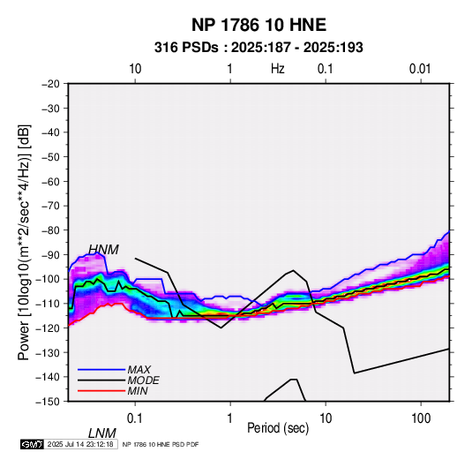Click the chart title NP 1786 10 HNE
tap(258, 25)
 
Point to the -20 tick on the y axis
tap(50, 84)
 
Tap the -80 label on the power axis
tap(50, 230)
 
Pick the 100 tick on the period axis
tap(421, 418)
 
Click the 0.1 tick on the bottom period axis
tap(135, 418)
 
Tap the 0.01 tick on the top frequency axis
tap(420, 69)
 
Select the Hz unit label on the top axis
tap(278, 69)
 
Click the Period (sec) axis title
tap(278, 428)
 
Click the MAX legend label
tap(139, 369)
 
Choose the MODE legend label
tap(143, 380)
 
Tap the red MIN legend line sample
tap(101, 391)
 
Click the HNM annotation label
tap(103, 250)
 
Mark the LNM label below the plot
tap(102, 433)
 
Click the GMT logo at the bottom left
tap(33, 444)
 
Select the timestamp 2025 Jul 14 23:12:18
tap(80, 444)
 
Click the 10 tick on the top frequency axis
tap(135, 69)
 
